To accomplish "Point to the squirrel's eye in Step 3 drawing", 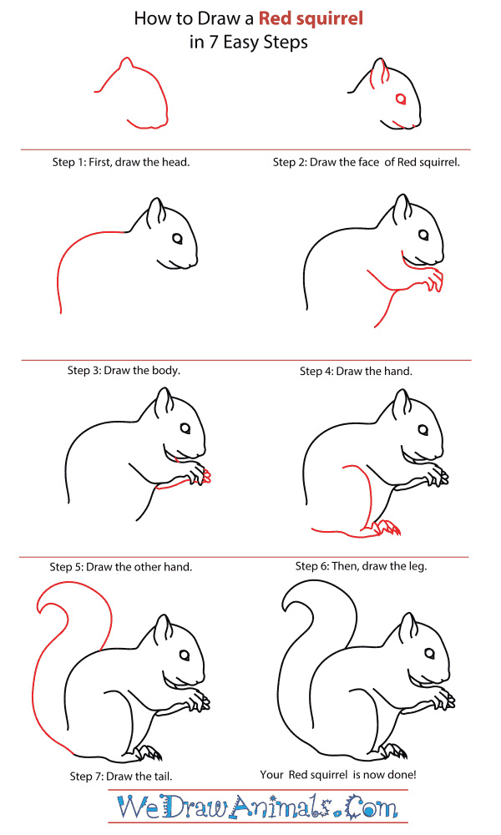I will click(178, 240).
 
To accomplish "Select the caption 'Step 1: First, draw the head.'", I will click(121, 162).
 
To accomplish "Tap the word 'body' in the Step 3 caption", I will click(164, 370).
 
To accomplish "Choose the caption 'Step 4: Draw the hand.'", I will click(357, 370).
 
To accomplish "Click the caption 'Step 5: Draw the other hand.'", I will click(121, 566).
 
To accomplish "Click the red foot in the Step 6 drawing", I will click(386, 528).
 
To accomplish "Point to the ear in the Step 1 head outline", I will click(125, 64).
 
